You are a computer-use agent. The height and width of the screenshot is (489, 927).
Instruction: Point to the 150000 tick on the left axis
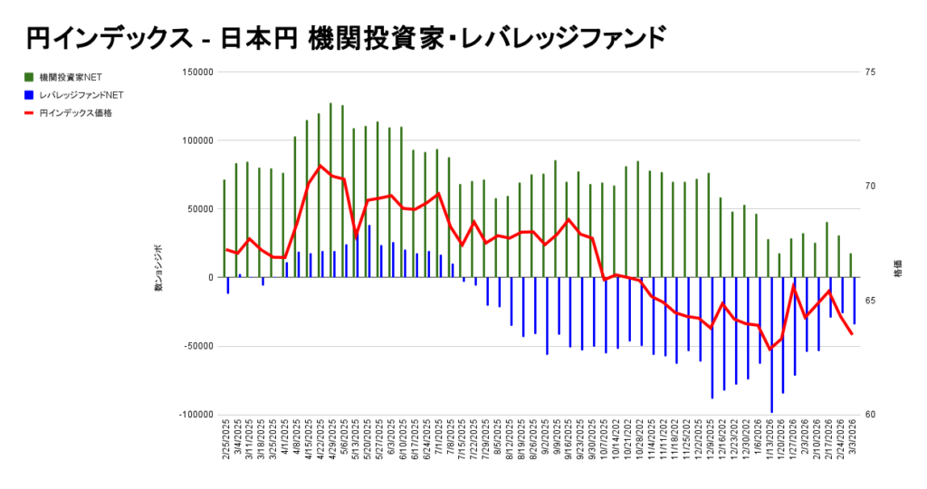[196, 72]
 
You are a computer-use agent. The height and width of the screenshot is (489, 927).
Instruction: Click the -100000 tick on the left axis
[195, 415]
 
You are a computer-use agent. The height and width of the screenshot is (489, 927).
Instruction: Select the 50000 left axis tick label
[199, 209]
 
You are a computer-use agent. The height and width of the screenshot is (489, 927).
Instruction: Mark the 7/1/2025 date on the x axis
[438, 439]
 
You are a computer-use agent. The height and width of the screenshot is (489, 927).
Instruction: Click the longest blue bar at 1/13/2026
[771, 344]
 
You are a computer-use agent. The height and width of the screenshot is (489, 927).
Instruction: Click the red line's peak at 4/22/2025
[320, 166]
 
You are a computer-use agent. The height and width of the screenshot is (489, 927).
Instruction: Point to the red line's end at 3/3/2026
[852, 334]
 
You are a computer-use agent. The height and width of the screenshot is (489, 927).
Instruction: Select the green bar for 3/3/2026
[851, 265]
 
